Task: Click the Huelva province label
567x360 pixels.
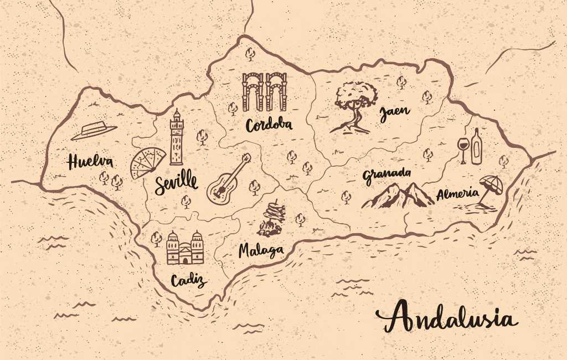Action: click(x=90, y=162)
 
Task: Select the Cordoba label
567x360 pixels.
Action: click(x=269, y=125)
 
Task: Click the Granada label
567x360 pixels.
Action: click(x=387, y=175)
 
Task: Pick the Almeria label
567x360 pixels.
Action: click(x=457, y=194)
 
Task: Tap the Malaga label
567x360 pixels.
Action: click(x=261, y=250)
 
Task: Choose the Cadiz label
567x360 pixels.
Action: click(x=188, y=280)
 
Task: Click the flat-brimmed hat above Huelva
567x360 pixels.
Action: click(x=94, y=131)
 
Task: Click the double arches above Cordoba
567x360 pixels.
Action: click(x=264, y=91)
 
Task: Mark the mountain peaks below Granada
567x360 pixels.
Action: click(x=398, y=196)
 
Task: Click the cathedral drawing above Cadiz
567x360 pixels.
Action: click(x=185, y=248)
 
